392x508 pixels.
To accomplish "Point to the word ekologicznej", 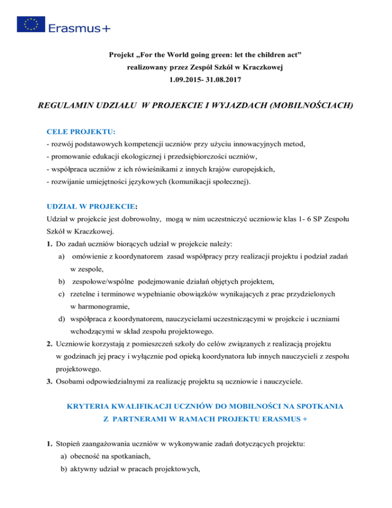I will [x=145, y=158].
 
